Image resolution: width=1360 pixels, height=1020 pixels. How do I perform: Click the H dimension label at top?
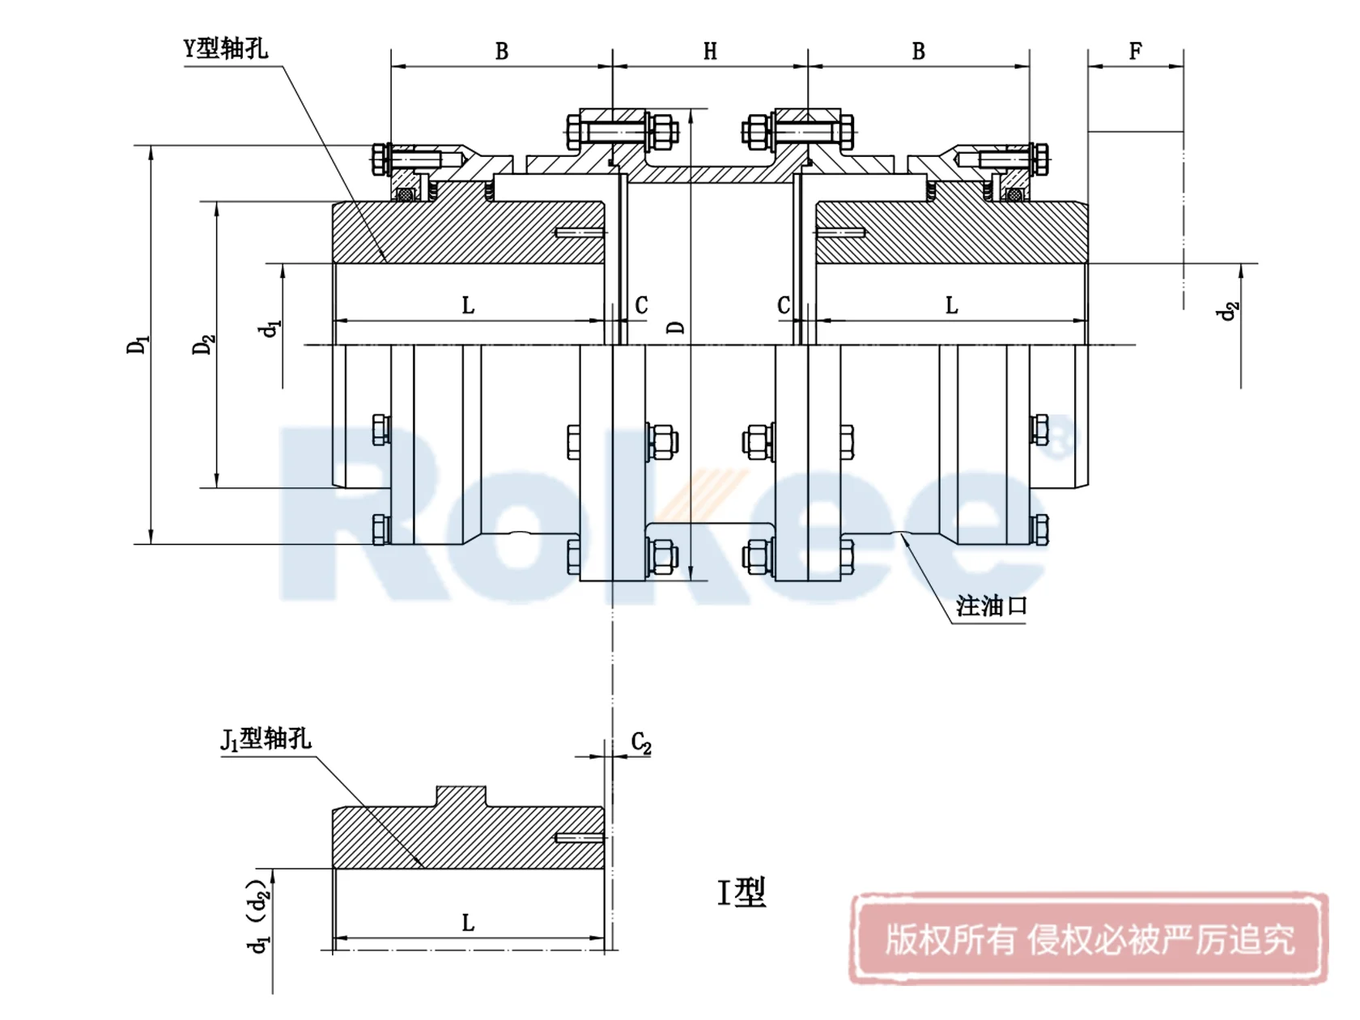click(710, 52)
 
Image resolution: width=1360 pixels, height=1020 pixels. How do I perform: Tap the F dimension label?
click(1135, 52)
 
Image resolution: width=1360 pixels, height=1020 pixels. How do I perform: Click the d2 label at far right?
click(1229, 310)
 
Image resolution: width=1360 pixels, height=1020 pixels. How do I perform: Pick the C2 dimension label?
click(640, 743)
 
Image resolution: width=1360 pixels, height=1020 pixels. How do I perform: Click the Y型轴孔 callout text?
click(226, 49)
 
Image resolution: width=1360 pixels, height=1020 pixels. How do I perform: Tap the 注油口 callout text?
click(992, 606)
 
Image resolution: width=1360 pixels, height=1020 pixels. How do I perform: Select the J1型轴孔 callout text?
click(266, 739)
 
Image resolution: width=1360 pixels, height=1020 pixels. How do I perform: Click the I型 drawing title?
click(741, 893)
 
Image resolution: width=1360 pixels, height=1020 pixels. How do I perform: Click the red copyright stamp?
click(1089, 939)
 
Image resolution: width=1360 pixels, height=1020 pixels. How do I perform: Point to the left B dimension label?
click(502, 52)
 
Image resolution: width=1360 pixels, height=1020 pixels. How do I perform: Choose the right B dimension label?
click(918, 52)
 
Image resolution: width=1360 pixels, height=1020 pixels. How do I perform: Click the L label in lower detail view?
click(468, 924)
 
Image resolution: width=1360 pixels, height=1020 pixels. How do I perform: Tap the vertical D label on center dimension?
click(676, 328)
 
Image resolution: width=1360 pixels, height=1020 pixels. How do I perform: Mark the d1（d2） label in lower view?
click(258, 917)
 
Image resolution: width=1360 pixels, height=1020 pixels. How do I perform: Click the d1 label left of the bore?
click(270, 328)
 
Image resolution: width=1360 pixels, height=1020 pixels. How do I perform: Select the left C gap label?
click(641, 306)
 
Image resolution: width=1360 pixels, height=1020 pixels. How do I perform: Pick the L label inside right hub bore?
click(951, 306)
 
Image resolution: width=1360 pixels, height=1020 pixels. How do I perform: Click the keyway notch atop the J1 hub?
click(461, 796)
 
